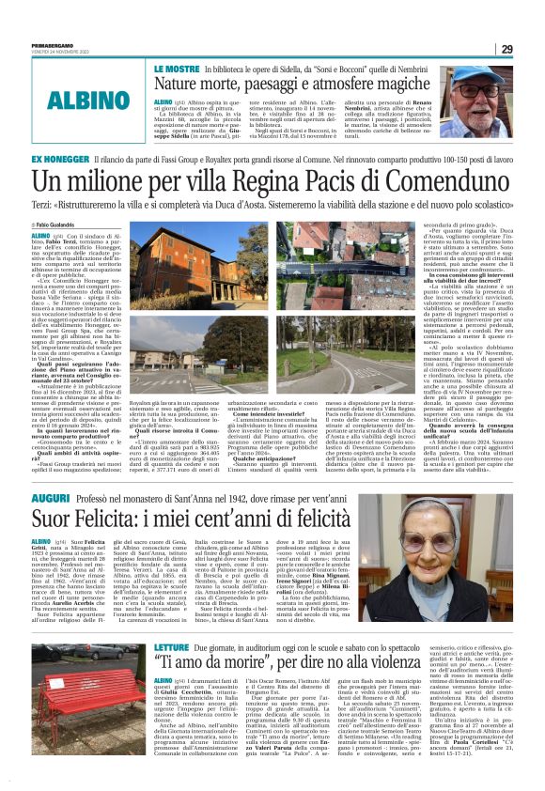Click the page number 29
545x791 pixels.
click(x=532, y=49)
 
